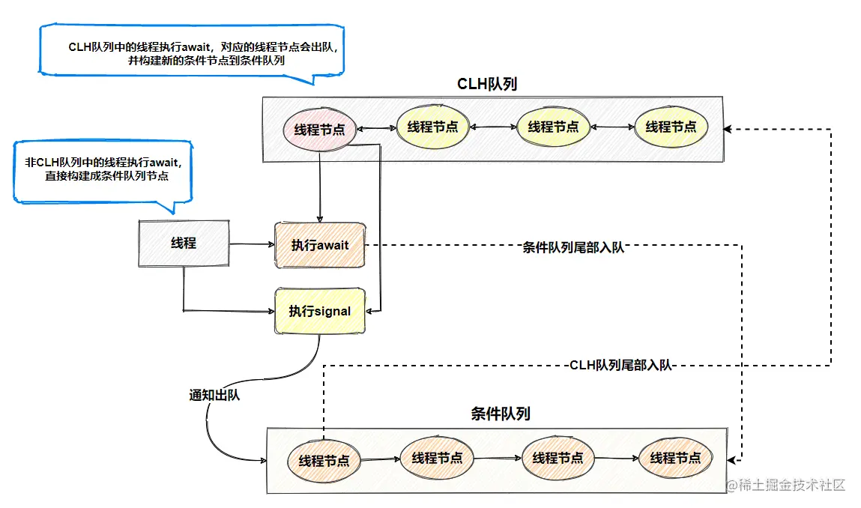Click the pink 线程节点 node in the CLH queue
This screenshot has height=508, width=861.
coord(319,130)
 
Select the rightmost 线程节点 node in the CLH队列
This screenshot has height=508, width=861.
coord(671,127)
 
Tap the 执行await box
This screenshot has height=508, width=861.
coord(320,245)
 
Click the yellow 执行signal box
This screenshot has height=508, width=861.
coord(319,311)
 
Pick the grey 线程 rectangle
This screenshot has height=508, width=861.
coord(184,244)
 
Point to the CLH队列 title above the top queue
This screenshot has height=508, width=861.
coord(487,84)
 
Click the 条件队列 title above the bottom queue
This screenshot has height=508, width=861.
coord(501,414)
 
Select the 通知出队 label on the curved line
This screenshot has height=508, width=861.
coord(214,395)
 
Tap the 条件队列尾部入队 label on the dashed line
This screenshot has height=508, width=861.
coord(573,247)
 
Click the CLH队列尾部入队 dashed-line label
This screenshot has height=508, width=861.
coord(620,365)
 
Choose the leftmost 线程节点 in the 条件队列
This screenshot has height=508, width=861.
coord(324,460)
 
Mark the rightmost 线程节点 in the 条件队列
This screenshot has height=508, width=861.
coord(675,458)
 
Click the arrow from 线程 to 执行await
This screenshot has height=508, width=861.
coord(252,244)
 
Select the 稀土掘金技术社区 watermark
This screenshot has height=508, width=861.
coord(785,485)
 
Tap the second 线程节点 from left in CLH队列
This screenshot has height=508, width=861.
coord(432,127)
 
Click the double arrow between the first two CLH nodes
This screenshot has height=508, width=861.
coord(377,129)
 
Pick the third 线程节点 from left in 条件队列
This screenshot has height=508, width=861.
coord(558,458)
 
